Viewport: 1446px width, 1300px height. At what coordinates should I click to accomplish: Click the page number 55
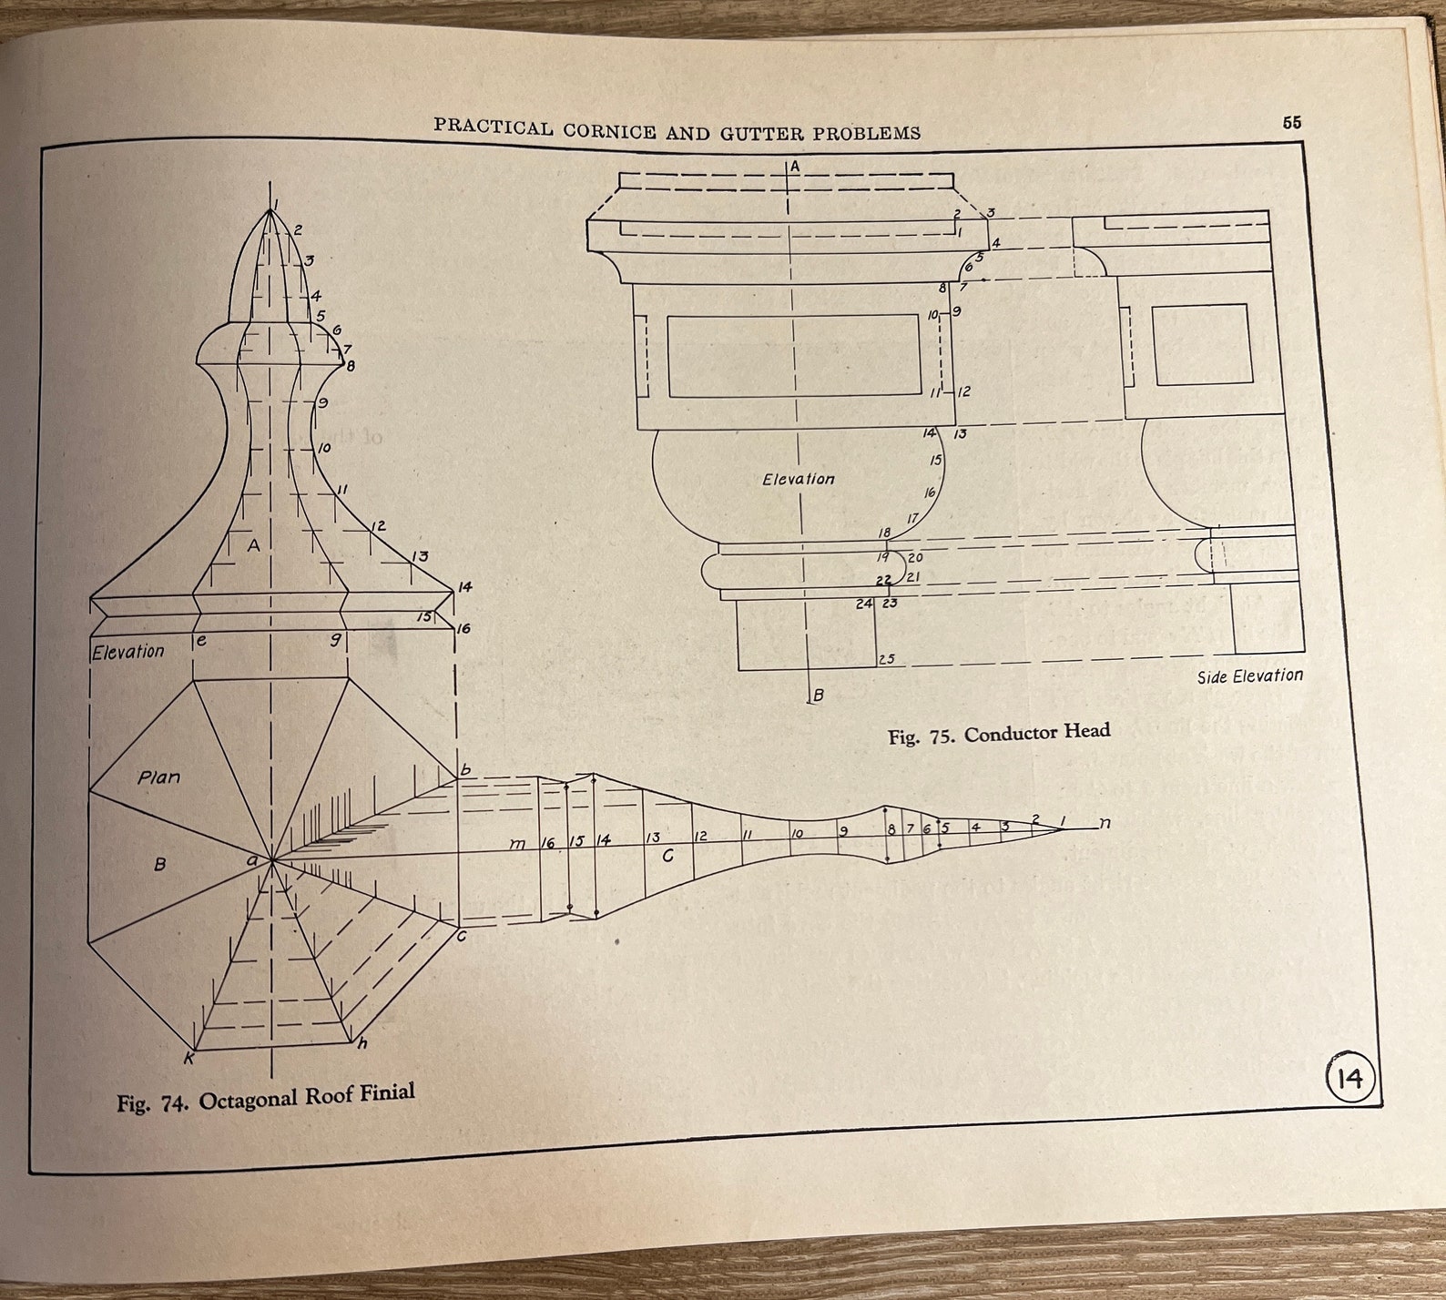click(1291, 123)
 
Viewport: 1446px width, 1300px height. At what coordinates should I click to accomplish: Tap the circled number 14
click(1349, 1079)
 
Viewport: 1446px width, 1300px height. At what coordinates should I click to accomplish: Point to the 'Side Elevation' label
click(1249, 676)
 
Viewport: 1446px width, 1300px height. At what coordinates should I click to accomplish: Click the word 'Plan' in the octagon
click(158, 777)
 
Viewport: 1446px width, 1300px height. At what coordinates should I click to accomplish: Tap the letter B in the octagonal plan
click(159, 863)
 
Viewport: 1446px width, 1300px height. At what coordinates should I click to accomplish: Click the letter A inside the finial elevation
click(254, 545)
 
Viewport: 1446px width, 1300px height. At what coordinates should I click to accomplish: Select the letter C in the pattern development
click(667, 856)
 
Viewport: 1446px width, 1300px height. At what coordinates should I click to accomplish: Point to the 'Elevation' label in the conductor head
click(798, 479)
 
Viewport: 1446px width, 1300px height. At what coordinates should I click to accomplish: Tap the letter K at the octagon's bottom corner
click(189, 1058)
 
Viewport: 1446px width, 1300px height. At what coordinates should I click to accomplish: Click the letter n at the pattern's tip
click(1105, 823)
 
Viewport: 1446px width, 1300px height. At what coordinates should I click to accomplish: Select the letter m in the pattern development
click(516, 844)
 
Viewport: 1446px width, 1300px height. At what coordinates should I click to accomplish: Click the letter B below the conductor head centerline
click(818, 696)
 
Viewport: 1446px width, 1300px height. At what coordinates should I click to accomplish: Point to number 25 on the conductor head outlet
click(886, 659)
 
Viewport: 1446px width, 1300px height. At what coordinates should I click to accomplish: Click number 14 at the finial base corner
click(464, 587)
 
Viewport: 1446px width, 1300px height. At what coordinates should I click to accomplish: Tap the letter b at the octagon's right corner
click(465, 771)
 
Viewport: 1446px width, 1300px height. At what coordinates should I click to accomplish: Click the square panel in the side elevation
click(1200, 345)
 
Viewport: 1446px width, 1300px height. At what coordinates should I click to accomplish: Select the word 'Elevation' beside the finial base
click(128, 652)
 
